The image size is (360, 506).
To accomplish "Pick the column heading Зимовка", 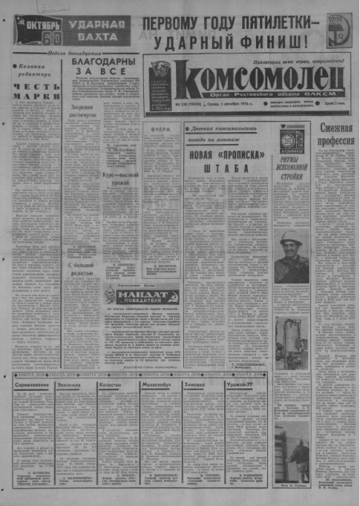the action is click(195, 386).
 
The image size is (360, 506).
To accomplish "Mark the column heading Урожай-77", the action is click(238, 386).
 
